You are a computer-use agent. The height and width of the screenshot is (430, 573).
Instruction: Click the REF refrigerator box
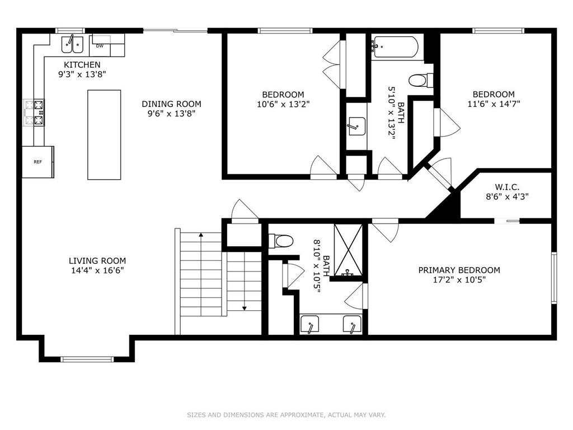pyautogui.click(x=38, y=162)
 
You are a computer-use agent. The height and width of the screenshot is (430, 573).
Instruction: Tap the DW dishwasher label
pyautogui.click(x=100, y=46)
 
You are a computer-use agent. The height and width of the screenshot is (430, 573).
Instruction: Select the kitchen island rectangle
pyautogui.click(x=104, y=134)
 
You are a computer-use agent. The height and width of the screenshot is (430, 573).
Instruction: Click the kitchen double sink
pyautogui.click(x=72, y=43)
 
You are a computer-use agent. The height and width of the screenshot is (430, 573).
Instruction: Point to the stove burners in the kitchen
pyautogui.click(x=34, y=112)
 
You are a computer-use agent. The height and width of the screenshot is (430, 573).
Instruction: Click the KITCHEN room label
pyautogui.click(x=82, y=65)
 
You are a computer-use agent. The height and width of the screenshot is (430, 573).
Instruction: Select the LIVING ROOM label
pyautogui.click(x=97, y=260)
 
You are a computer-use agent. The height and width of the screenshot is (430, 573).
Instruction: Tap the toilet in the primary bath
pyautogui.click(x=281, y=241)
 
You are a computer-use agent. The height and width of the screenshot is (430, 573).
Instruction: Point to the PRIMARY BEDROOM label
pyautogui.click(x=459, y=270)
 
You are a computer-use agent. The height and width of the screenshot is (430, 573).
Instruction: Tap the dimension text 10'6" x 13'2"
pyautogui.click(x=283, y=104)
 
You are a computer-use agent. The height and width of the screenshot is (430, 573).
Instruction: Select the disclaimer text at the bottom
pyautogui.click(x=286, y=415)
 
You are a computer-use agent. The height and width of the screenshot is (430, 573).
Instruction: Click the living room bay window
pyautogui.click(x=87, y=359)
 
